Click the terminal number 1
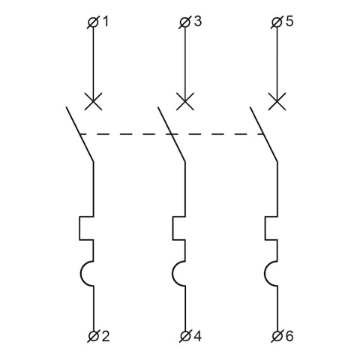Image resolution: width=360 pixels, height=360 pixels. [106, 22]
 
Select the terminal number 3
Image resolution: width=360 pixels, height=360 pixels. [197, 22]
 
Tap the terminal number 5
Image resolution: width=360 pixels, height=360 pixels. [289, 22]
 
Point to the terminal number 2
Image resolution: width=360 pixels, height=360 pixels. [106, 336]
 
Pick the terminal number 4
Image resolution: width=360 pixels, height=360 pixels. [197, 336]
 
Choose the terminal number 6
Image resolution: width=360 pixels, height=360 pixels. [289, 336]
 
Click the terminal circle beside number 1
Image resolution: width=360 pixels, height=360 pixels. [94, 22]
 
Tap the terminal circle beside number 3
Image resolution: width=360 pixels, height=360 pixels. [185, 22]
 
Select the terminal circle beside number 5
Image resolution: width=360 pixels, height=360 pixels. [277, 22]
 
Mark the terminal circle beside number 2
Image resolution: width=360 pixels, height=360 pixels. [94, 336]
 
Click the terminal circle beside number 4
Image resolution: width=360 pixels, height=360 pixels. [185, 336]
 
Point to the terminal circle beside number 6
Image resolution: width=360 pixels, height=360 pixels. [277, 336]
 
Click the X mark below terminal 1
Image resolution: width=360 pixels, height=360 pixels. [94, 101]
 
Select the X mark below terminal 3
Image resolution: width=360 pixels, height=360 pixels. [185, 101]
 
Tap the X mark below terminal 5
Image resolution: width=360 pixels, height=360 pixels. [277, 101]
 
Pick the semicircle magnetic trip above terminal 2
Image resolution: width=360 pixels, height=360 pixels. [81, 274]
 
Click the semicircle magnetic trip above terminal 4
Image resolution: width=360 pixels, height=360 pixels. [172, 274]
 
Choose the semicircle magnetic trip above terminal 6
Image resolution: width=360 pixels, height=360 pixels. [264, 274]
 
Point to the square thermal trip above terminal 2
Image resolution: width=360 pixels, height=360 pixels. [79, 228]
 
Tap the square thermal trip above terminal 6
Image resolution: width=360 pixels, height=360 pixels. [265, 228]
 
